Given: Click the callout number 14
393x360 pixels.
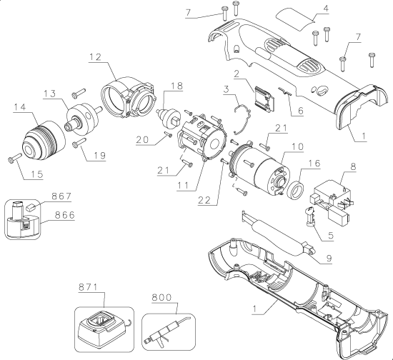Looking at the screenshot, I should pyautogui.click(x=19, y=107).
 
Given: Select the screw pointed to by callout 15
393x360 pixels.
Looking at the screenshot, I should pyautogui.click(x=15, y=159).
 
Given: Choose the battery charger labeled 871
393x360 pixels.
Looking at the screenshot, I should pyautogui.click(x=101, y=327).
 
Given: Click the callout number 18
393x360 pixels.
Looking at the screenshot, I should pyautogui.click(x=176, y=86).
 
